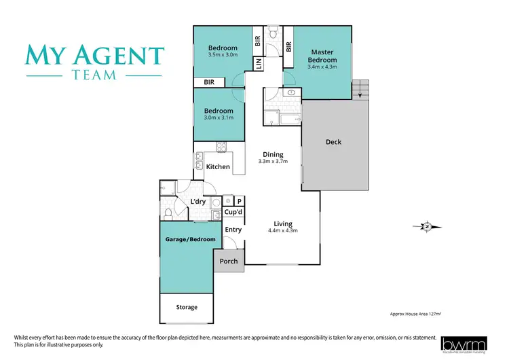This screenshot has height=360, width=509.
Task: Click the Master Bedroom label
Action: tap(324, 56)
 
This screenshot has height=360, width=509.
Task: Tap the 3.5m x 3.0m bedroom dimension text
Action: tap(223, 56)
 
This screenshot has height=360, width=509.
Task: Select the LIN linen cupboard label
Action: tap(259, 63)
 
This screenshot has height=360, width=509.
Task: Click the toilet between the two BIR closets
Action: tap(273, 33)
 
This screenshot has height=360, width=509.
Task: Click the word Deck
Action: tap(333, 142)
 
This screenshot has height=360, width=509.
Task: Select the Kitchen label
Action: tap(218, 166)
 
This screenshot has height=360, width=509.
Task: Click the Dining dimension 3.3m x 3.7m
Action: tap(274, 162)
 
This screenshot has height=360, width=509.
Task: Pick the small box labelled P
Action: tap(240, 201)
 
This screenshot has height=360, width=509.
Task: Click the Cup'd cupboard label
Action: tap(233, 213)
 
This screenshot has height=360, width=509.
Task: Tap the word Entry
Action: tap(233, 230)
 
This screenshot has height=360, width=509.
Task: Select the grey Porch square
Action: tap(229, 261)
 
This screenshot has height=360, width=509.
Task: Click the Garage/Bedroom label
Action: tap(191, 239)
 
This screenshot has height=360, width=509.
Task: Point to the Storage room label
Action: tap(187, 307)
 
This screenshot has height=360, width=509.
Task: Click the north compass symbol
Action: tap(427, 226)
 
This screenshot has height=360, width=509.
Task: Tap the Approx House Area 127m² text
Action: tap(421, 314)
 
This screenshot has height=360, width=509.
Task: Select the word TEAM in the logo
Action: tap(94, 75)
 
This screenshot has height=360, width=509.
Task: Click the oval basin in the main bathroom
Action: tap(291, 93)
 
